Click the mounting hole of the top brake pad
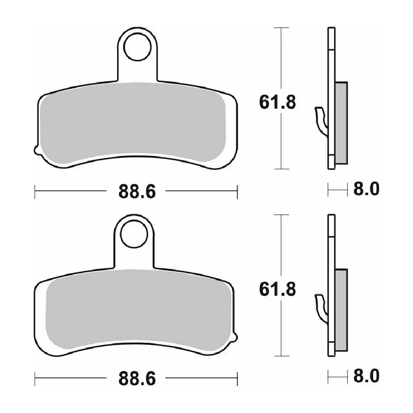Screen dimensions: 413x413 click(137, 47)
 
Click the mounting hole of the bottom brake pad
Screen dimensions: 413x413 click(134, 234)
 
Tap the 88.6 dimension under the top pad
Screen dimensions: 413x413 click(137, 191)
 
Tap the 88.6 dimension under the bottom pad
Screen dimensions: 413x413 click(137, 378)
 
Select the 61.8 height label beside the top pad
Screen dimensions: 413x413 click(278, 102)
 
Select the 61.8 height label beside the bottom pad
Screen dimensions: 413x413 click(278, 289)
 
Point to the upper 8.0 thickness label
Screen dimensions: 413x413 click(366, 189)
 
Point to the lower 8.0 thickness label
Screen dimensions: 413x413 click(366, 375)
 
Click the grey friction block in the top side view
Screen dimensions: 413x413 click(342, 123)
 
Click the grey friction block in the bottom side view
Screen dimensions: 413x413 click(342, 310)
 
